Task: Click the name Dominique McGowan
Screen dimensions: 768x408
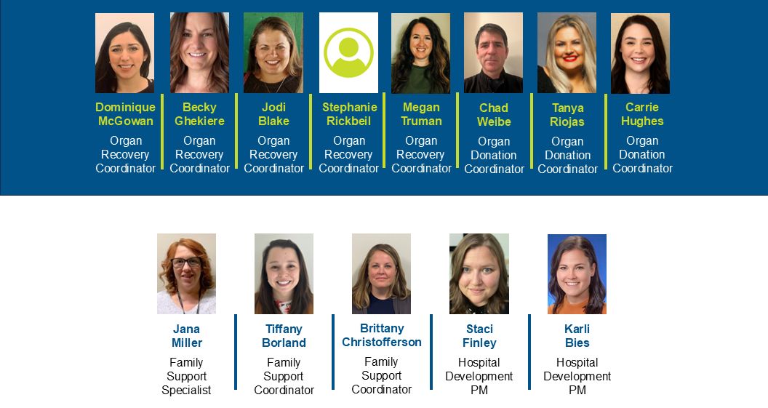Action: click(125, 114)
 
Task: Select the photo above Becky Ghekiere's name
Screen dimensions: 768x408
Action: click(199, 53)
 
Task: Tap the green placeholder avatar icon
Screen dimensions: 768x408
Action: click(349, 53)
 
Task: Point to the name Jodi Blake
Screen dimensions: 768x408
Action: click(273, 114)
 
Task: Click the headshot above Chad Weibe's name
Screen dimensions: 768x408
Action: click(493, 53)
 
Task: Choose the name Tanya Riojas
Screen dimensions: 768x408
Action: click(567, 115)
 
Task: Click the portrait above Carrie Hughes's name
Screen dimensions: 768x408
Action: click(640, 53)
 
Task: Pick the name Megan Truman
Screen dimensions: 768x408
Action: click(421, 114)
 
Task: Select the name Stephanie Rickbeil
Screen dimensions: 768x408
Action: click(349, 114)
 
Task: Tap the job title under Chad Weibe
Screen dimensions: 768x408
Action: click(494, 155)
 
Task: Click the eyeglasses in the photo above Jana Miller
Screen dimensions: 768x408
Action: click(186, 263)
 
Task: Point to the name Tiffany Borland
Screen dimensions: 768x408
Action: click(284, 336)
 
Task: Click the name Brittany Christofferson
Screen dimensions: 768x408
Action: click(382, 335)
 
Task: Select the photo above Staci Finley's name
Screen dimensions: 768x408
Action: click(479, 273)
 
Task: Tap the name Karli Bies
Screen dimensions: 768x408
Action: click(577, 336)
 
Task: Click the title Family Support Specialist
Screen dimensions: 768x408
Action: click(186, 376)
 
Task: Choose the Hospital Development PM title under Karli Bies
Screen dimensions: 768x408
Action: click(577, 376)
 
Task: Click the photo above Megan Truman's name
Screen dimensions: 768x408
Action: click(421, 53)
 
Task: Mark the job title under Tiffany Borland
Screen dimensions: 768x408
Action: click(284, 376)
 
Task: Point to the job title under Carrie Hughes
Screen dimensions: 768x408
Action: click(642, 154)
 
